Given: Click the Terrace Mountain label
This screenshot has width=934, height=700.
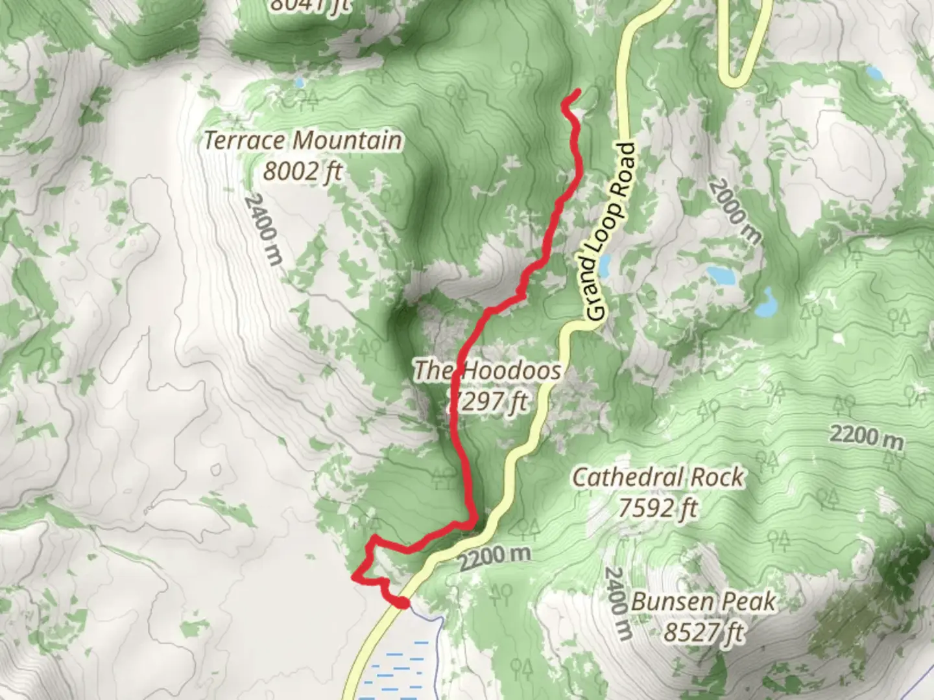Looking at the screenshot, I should [x=303, y=141].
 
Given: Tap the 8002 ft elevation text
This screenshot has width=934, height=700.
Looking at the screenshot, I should [x=302, y=171].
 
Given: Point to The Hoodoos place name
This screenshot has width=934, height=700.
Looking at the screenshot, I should [x=486, y=371].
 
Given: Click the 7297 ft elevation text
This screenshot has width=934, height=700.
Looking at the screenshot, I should [x=488, y=402].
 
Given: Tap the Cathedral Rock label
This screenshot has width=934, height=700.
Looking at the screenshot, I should [x=658, y=478].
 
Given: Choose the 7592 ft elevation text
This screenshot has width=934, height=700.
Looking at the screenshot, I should [x=658, y=508].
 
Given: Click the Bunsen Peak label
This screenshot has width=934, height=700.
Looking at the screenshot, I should [x=703, y=601].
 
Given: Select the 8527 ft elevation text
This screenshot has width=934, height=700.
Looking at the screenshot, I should [x=703, y=631].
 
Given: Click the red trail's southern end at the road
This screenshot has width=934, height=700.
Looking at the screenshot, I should [x=403, y=603].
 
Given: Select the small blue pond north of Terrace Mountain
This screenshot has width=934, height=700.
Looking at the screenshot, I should [x=298, y=83].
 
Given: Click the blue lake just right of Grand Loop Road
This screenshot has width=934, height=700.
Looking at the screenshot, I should [x=604, y=265].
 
